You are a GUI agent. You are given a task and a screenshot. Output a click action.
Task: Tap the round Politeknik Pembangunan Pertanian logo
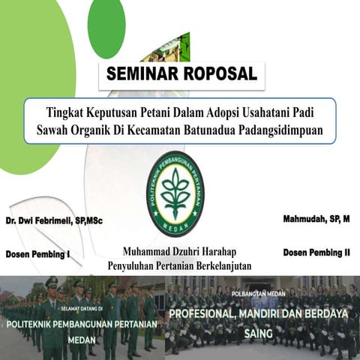[175, 193]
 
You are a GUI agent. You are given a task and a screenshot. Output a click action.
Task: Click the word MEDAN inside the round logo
[175, 226]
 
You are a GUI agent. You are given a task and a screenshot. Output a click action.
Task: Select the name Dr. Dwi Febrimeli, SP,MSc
[56, 222]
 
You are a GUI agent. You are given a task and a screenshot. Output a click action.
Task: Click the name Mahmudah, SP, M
[316, 219]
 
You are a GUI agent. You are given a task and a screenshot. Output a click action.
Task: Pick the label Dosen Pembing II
[316, 253]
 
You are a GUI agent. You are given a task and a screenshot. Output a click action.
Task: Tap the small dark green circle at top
[106, 27]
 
